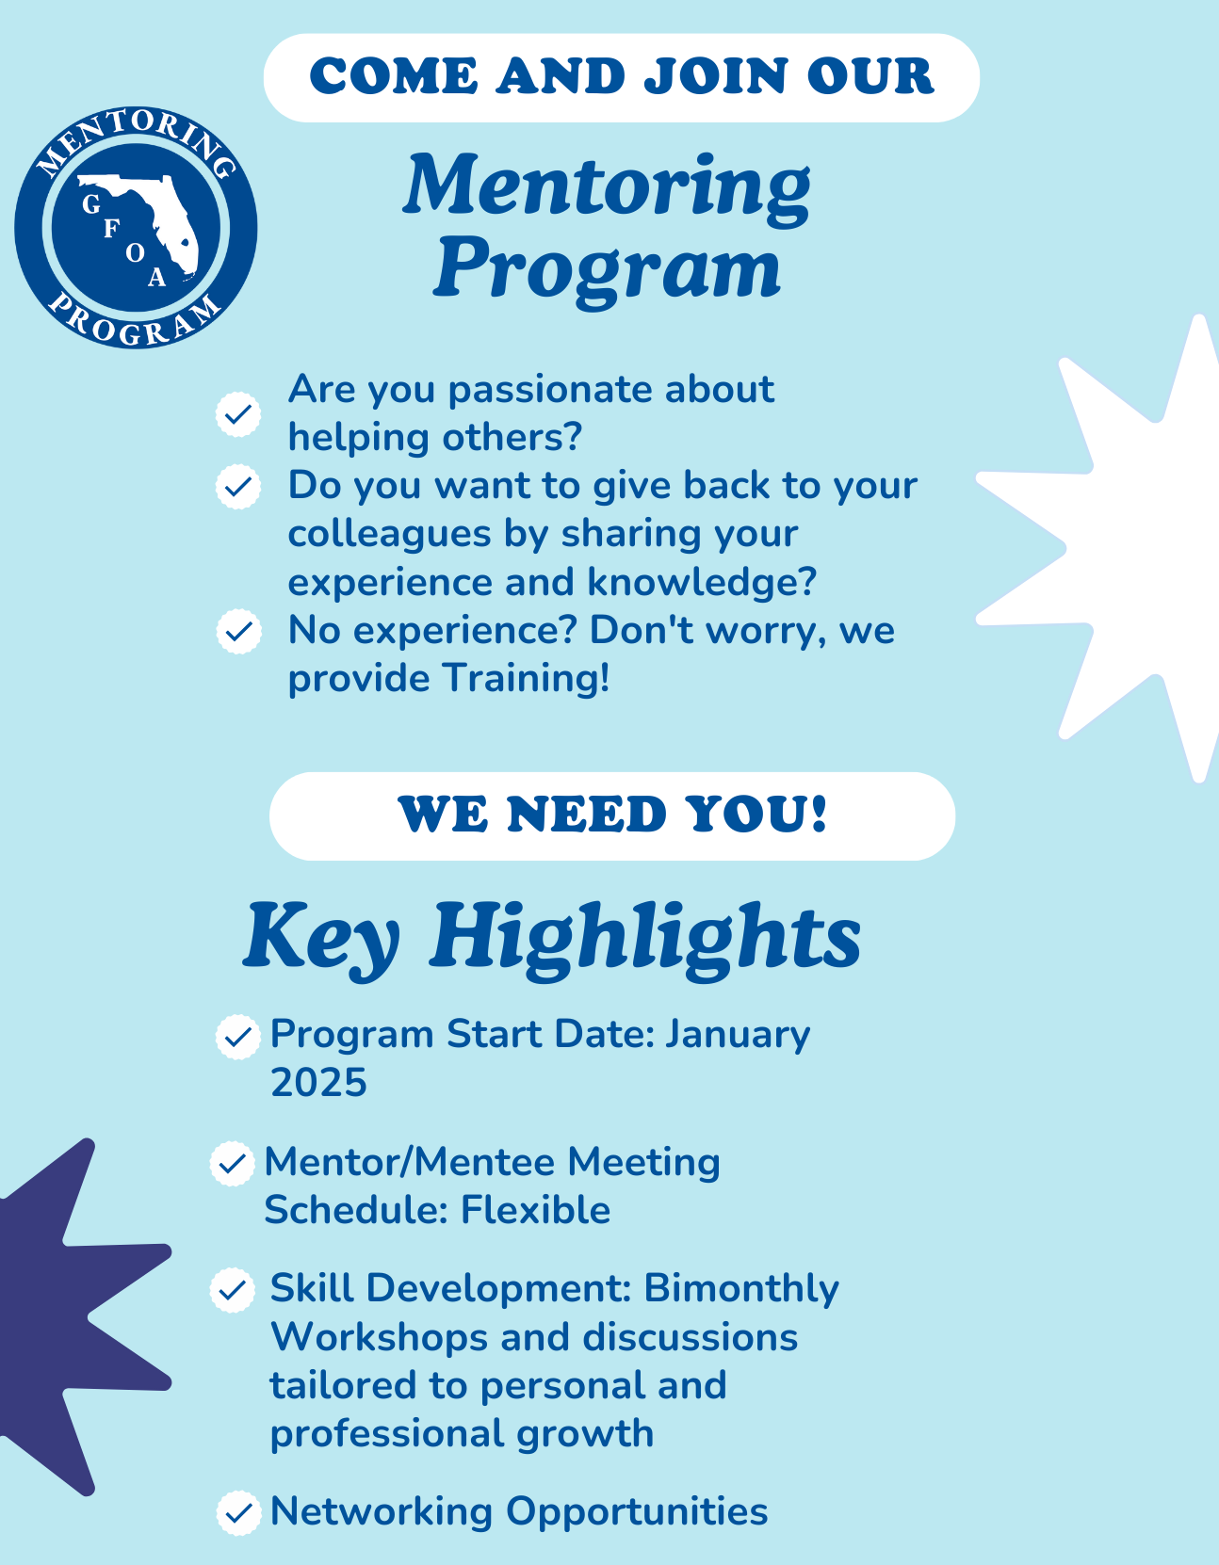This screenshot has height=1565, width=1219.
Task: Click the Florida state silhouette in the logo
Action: (144, 216)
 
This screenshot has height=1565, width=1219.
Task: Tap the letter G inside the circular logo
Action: (91, 204)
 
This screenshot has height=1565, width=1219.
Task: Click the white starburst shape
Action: (1110, 547)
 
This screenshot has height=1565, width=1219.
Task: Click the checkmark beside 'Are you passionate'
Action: (238, 414)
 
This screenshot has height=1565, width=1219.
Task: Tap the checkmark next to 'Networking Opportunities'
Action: (238, 1513)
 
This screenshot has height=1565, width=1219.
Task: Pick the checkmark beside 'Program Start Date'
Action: (237, 1037)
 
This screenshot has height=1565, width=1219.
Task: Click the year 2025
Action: (318, 1083)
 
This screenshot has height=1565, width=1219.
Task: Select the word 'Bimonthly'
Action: (741, 1288)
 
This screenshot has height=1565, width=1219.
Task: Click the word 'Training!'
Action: (527, 678)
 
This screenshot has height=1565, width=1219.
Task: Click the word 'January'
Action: (738, 1036)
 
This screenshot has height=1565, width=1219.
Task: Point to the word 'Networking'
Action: (382, 1511)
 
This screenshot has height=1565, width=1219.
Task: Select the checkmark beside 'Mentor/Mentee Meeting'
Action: (232, 1164)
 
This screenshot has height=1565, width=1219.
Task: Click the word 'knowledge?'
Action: (702, 582)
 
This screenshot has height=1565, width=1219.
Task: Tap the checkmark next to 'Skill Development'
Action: (232, 1291)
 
